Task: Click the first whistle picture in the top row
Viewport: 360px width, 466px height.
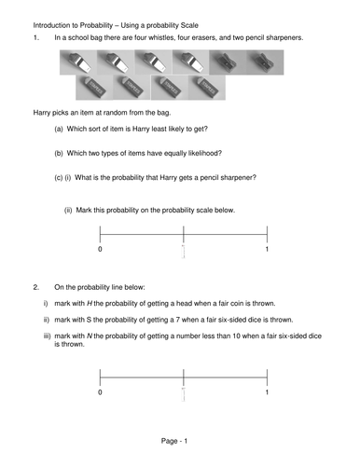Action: [76, 62]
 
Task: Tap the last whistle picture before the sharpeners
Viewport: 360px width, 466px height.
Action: [188, 62]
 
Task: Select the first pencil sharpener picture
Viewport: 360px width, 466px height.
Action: [226, 62]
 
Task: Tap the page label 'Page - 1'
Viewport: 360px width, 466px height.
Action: [179, 440]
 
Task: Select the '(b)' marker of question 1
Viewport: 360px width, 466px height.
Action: [59, 153]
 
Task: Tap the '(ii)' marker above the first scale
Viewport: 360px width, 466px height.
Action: [69, 211]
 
